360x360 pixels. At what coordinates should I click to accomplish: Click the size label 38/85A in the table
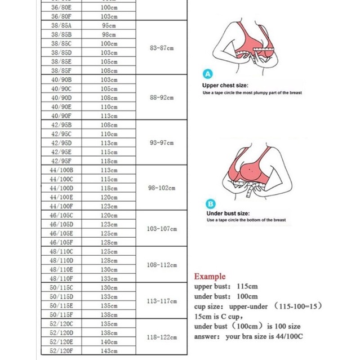pos(61,25)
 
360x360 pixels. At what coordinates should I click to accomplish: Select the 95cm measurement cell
pos(109,25)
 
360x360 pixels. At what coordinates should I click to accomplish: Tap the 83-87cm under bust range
pos(162,48)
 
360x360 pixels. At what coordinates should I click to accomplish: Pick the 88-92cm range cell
pos(162,97)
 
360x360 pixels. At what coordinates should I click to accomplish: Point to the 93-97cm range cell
pos(162,143)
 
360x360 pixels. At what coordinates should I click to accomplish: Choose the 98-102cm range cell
pos(162,188)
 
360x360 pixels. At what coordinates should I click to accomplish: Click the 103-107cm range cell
pos(162,229)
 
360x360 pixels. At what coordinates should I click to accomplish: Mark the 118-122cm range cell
pos(162,337)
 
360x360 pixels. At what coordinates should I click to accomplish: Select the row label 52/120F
pos(61,351)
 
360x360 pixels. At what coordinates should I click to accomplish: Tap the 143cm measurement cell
pos(109,351)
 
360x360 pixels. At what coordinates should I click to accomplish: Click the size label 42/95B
pos(61,125)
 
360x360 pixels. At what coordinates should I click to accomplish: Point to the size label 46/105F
pos(61,242)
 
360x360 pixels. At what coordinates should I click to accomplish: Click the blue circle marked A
pos(207,74)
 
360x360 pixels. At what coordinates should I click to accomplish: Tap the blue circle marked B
pos(211,205)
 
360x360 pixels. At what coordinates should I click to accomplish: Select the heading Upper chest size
pos(226,86)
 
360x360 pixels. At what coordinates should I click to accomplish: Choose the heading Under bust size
pos(228,214)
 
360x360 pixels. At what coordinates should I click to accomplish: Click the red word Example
pos(210,277)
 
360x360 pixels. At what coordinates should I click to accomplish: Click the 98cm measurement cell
pos(109,34)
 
